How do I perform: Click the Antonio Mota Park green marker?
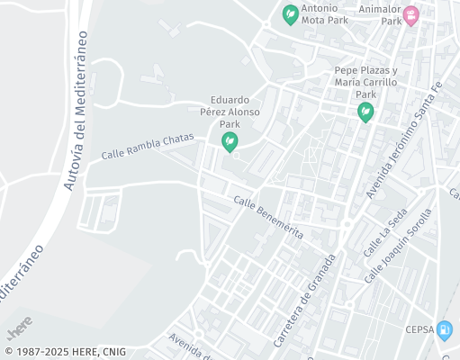coord(290,14)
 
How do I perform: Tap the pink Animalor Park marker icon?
coord(411,15)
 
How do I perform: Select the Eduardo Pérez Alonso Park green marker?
coord(230,141)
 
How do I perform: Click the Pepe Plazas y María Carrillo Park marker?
coord(365,112)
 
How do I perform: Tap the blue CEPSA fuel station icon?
coord(444,330)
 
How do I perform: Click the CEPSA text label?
coord(419,329)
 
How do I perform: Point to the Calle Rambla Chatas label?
coord(147,147)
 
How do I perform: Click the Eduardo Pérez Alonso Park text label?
coord(230,112)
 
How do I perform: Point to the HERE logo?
coord(20,322)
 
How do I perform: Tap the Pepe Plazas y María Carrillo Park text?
coord(365,82)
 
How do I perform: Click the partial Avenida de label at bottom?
coord(190,346)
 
